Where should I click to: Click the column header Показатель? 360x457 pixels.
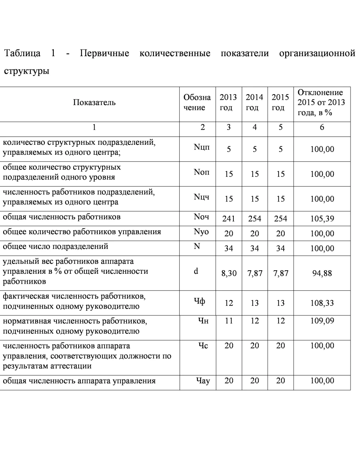[x=94, y=103]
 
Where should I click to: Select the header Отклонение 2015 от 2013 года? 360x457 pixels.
[x=321, y=103]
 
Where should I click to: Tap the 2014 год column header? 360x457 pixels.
[x=254, y=103]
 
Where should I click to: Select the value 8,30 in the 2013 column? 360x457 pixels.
[x=229, y=273]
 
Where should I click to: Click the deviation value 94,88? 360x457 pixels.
[x=322, y=273]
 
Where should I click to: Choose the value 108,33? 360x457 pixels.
[x=322, y=303]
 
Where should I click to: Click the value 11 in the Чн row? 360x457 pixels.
[x=229, y=321]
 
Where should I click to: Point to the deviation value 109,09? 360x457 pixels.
[x=322, y=321]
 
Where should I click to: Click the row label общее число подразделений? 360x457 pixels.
[x=56, y=247]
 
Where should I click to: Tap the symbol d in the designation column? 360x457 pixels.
[x=196, y=272]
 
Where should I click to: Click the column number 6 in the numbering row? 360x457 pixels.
[x=322, y=127]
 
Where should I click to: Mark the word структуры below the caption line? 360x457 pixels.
[x=27, y=72]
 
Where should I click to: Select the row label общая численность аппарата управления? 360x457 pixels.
[x=79, y=381]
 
